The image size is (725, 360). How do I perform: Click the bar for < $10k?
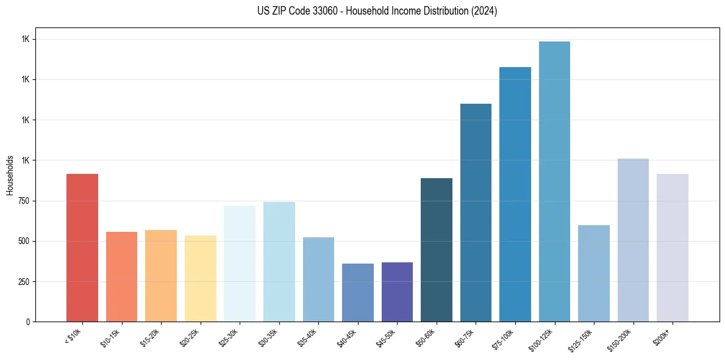click(82, 248)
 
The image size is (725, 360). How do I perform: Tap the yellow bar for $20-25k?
click(200, 278)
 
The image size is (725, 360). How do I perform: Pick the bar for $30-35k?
click(279, 262)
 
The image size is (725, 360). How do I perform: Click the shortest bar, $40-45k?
click(357, 292)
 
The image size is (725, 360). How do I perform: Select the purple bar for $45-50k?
click(397, 292)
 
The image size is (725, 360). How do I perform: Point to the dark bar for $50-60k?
click(437, 250)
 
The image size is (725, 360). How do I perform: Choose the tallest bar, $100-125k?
click(554, 181)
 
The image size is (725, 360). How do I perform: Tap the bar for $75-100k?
click(515, 194)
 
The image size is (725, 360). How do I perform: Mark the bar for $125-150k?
click(594, 273)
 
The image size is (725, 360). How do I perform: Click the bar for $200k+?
click(673, 248)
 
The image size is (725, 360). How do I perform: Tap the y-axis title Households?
click(10, 175)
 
